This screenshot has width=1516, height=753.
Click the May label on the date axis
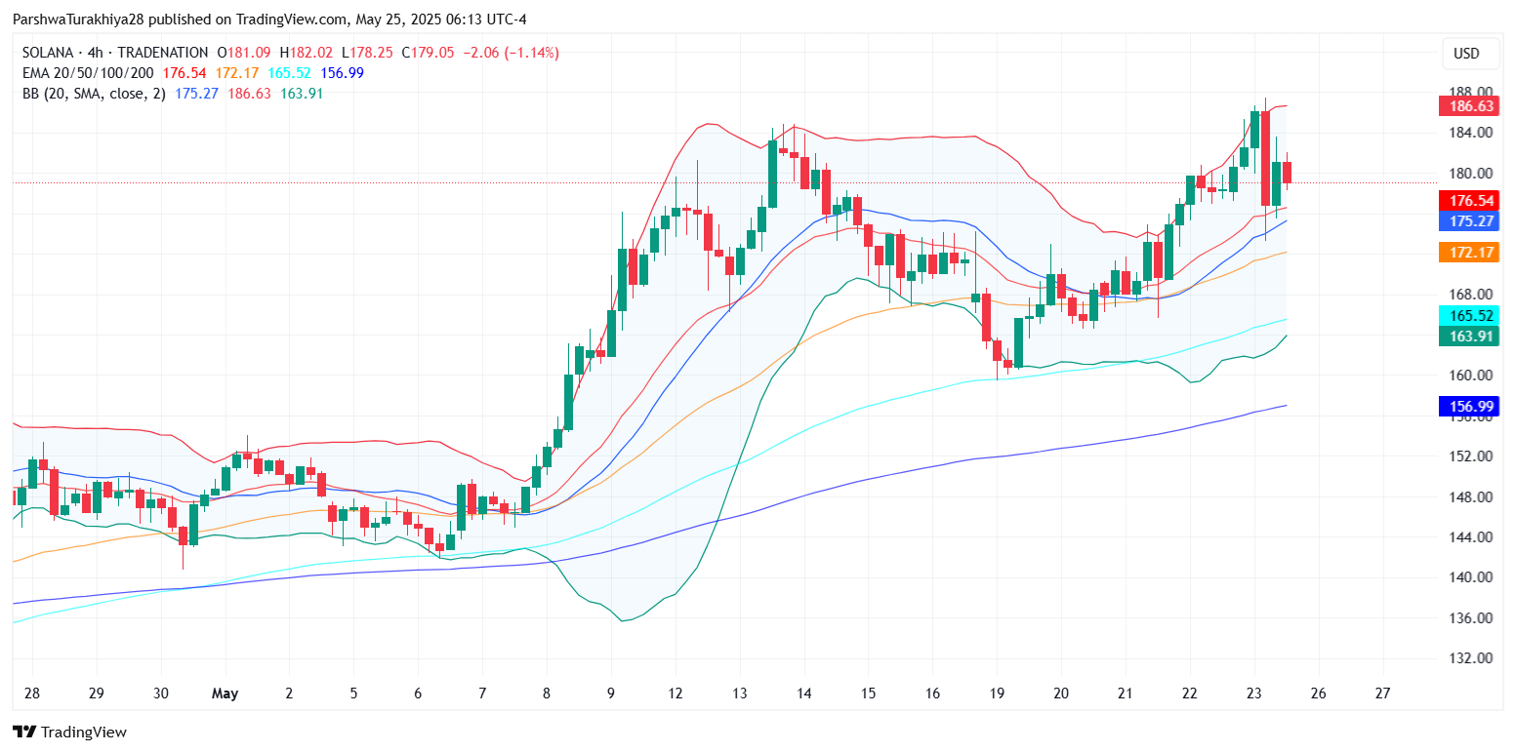225,694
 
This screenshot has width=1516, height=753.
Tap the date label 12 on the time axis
675,694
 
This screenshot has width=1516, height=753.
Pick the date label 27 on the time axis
1381,694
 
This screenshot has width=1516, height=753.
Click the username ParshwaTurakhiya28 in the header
87,20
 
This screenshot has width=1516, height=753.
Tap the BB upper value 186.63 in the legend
248,94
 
